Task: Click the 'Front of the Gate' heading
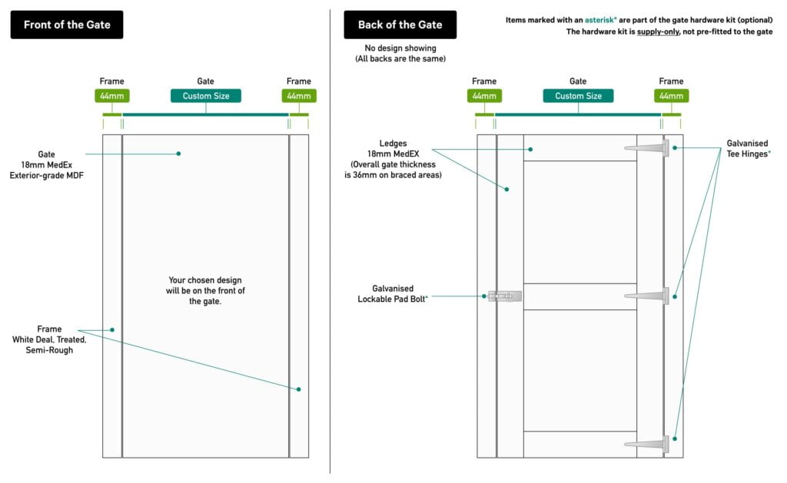coord(67,25)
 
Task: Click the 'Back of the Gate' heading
coord(400,25)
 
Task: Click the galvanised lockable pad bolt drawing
coord(503,296)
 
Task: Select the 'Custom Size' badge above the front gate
coord(205,96)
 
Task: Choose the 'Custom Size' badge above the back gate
coord(578,96)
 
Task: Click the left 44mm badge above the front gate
coord(111,96)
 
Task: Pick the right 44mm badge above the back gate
coord(671,96)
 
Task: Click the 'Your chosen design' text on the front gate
coord(205,290)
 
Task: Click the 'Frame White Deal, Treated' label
coord(49,339)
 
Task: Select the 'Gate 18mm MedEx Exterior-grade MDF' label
coord(46,164)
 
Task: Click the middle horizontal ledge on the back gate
coord(579,296)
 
